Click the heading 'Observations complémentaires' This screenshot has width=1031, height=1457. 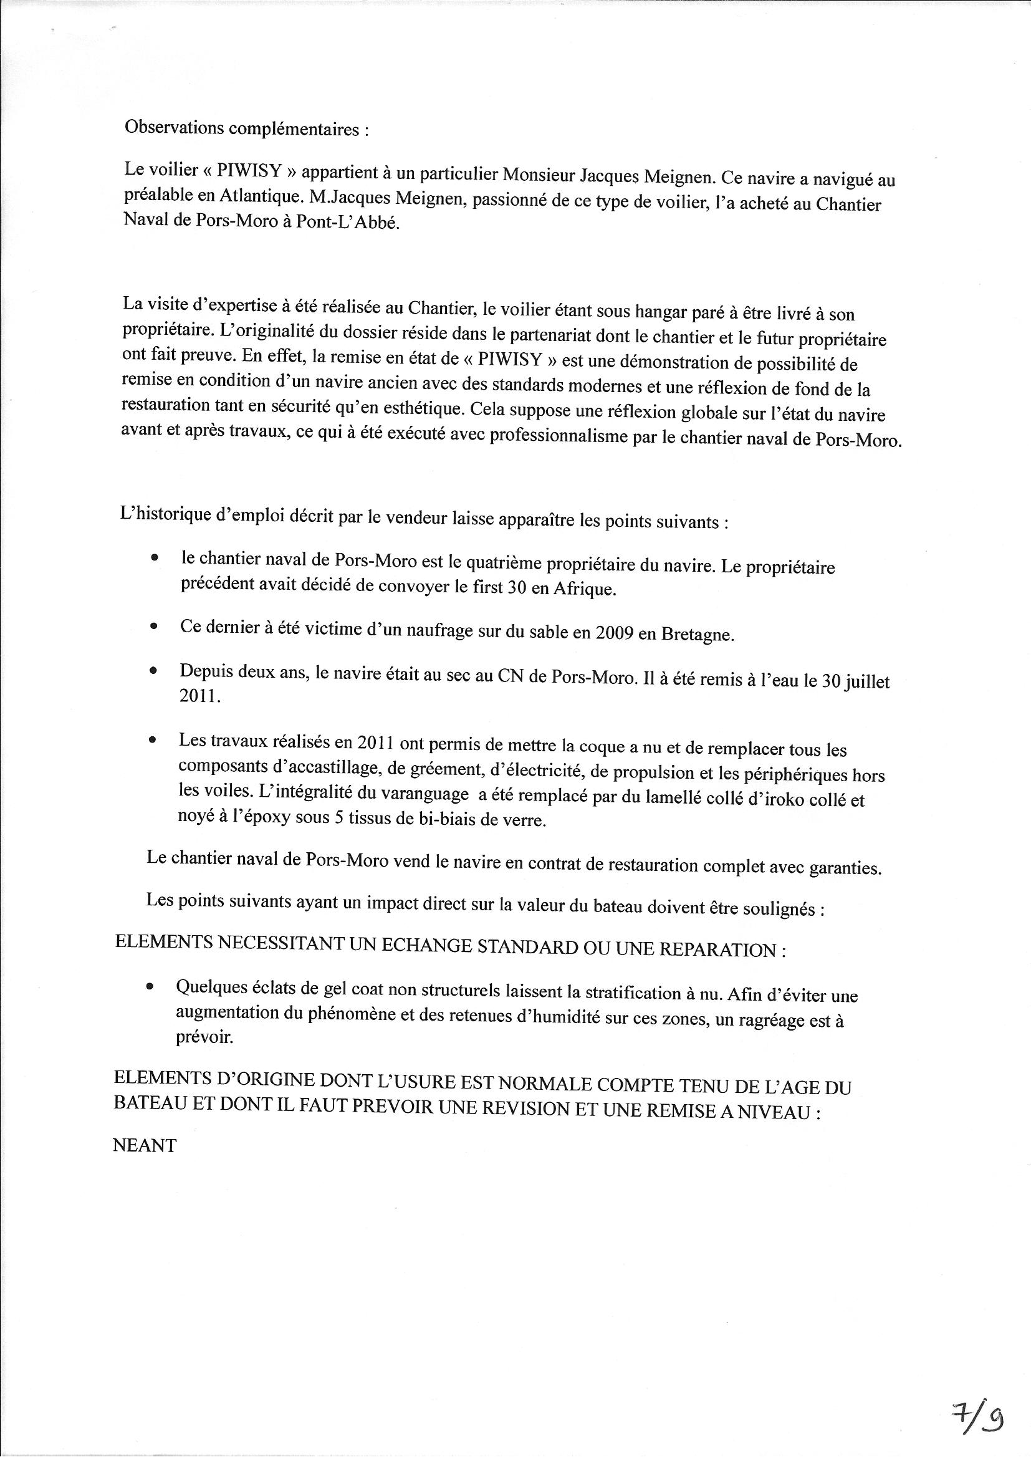click(x=246, y=129)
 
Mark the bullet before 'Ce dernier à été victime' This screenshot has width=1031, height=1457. click(x=153, y=626)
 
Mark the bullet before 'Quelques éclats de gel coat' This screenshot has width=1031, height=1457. click(x=150, y=987)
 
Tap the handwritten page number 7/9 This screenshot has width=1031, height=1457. click(x=977, y=1396)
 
